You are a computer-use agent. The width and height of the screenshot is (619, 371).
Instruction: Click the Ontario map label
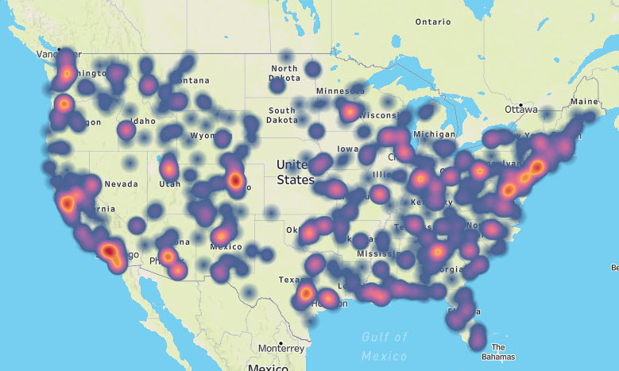pos(433,21)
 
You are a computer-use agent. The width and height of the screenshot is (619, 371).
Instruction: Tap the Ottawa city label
pos(528,110)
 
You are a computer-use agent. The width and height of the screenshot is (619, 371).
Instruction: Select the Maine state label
pos(584,102)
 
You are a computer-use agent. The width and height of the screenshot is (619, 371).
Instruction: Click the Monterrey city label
pos(281,348)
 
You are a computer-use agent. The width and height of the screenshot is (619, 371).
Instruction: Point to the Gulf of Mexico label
pos(385,346)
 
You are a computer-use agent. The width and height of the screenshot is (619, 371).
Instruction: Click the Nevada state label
pos(121,184)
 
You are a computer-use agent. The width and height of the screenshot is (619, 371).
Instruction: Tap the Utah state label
pos(170,184)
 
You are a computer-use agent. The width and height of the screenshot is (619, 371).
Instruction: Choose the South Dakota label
pos(282,115)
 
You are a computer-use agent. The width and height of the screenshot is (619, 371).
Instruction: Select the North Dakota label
pos(284,73)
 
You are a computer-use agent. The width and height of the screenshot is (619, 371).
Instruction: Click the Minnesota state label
pos(339,91)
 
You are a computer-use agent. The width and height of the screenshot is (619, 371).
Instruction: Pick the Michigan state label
pos(434,133)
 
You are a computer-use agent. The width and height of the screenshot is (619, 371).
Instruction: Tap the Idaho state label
pos(144,121)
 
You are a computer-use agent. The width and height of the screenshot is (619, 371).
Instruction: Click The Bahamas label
pos(498,351)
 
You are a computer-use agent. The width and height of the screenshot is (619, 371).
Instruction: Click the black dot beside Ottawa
pos(519,104)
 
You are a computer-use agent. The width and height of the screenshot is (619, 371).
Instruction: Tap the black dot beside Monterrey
pos(258,348)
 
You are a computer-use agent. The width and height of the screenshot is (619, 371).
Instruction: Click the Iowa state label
pos(347,149)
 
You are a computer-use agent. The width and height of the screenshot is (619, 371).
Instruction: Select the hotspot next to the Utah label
pos(168,168)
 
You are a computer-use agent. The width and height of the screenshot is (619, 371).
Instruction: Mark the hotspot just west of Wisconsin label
pos(349,112)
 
